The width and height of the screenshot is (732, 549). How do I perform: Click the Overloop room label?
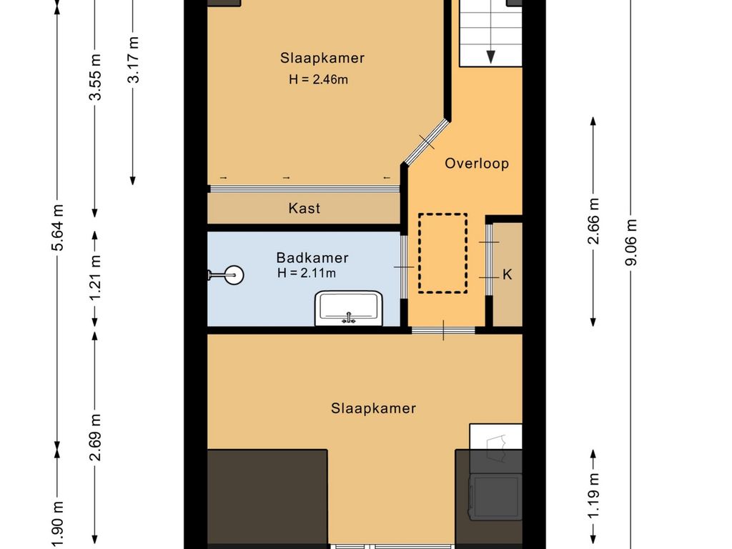(477, 164)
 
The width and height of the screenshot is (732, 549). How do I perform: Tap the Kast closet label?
(305, 208)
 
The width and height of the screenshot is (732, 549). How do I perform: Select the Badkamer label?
(312, 257)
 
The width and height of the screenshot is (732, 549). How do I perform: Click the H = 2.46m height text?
(318, 79)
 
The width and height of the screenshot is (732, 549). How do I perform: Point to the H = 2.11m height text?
(306, 273)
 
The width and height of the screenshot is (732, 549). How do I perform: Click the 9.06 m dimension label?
(631, 242)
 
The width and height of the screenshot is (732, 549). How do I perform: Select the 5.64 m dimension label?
(57, 227)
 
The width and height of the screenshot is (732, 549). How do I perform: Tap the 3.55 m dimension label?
(95, 77)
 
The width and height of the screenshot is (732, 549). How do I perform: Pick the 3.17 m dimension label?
(134, 59)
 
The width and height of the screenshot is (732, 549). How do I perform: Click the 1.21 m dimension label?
(95, 278)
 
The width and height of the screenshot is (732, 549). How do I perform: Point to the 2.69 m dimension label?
(95, 437)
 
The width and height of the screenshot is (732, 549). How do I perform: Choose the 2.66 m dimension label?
(593, 222)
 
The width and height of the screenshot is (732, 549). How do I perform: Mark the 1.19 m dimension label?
(593, 495)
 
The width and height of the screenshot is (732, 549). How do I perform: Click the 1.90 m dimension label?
(57, 525)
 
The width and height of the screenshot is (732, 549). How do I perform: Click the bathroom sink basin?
(349, 308)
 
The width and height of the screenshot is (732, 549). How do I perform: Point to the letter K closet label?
(507, 274)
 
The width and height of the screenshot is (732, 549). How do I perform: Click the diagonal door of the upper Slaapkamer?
(426, 142)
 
